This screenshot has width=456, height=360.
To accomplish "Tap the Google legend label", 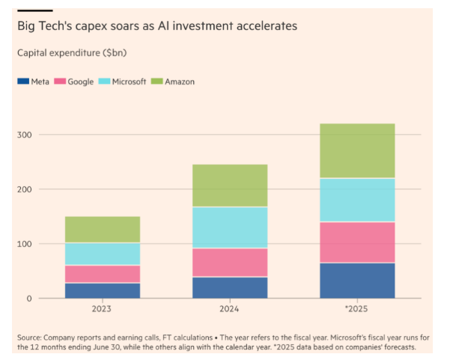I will pos(80,81).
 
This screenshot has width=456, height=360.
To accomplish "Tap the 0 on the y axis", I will pos(30,299).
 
